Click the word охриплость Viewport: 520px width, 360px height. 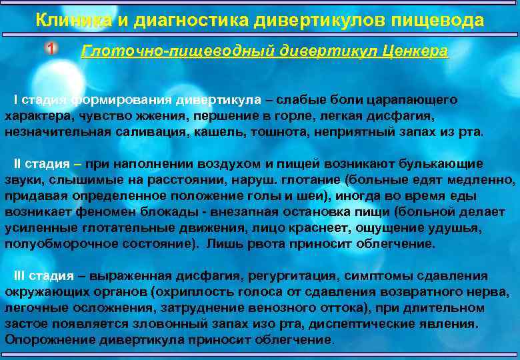[x=193, y=291]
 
